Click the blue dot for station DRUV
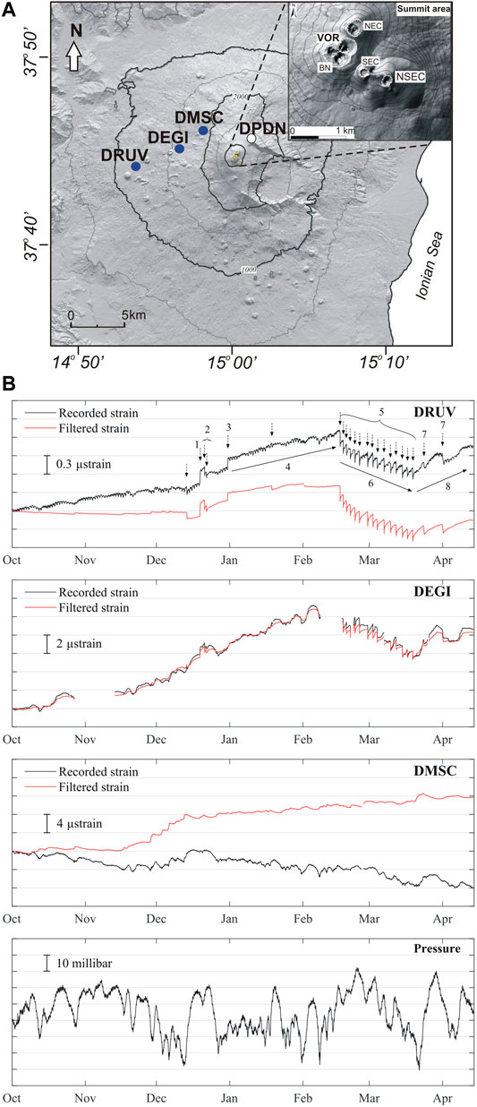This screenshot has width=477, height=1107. [x=135, y=166]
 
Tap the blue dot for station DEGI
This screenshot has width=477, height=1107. [x=179, y=148]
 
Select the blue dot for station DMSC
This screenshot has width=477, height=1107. [x=203, y=131]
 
